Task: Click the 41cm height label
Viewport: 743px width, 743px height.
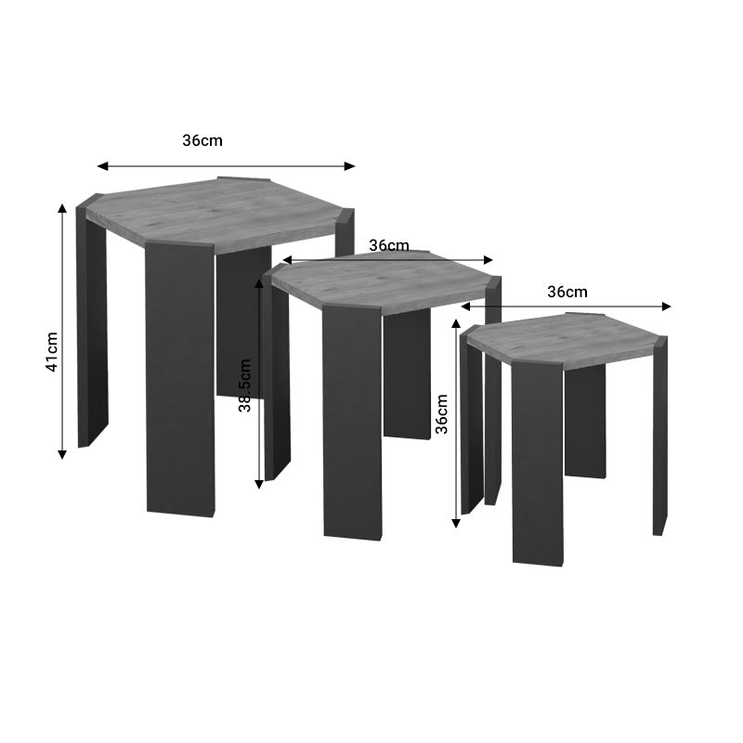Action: coord(53,352)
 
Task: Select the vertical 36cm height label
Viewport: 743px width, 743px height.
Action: coord(442,413)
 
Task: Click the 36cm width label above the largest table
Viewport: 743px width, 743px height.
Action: coord(202,141)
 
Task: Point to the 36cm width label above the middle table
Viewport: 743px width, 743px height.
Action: coord(389,245)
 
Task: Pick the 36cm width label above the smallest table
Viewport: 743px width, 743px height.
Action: coord(567,292)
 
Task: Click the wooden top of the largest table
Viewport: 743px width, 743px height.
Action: coord(218,212)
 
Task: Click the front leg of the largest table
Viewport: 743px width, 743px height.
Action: coord(180,381)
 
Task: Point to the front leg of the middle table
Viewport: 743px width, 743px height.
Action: coord(352,423)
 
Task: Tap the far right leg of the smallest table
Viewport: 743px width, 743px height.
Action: coord(659,437)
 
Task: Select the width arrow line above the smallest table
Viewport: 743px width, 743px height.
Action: coord(566,306)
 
